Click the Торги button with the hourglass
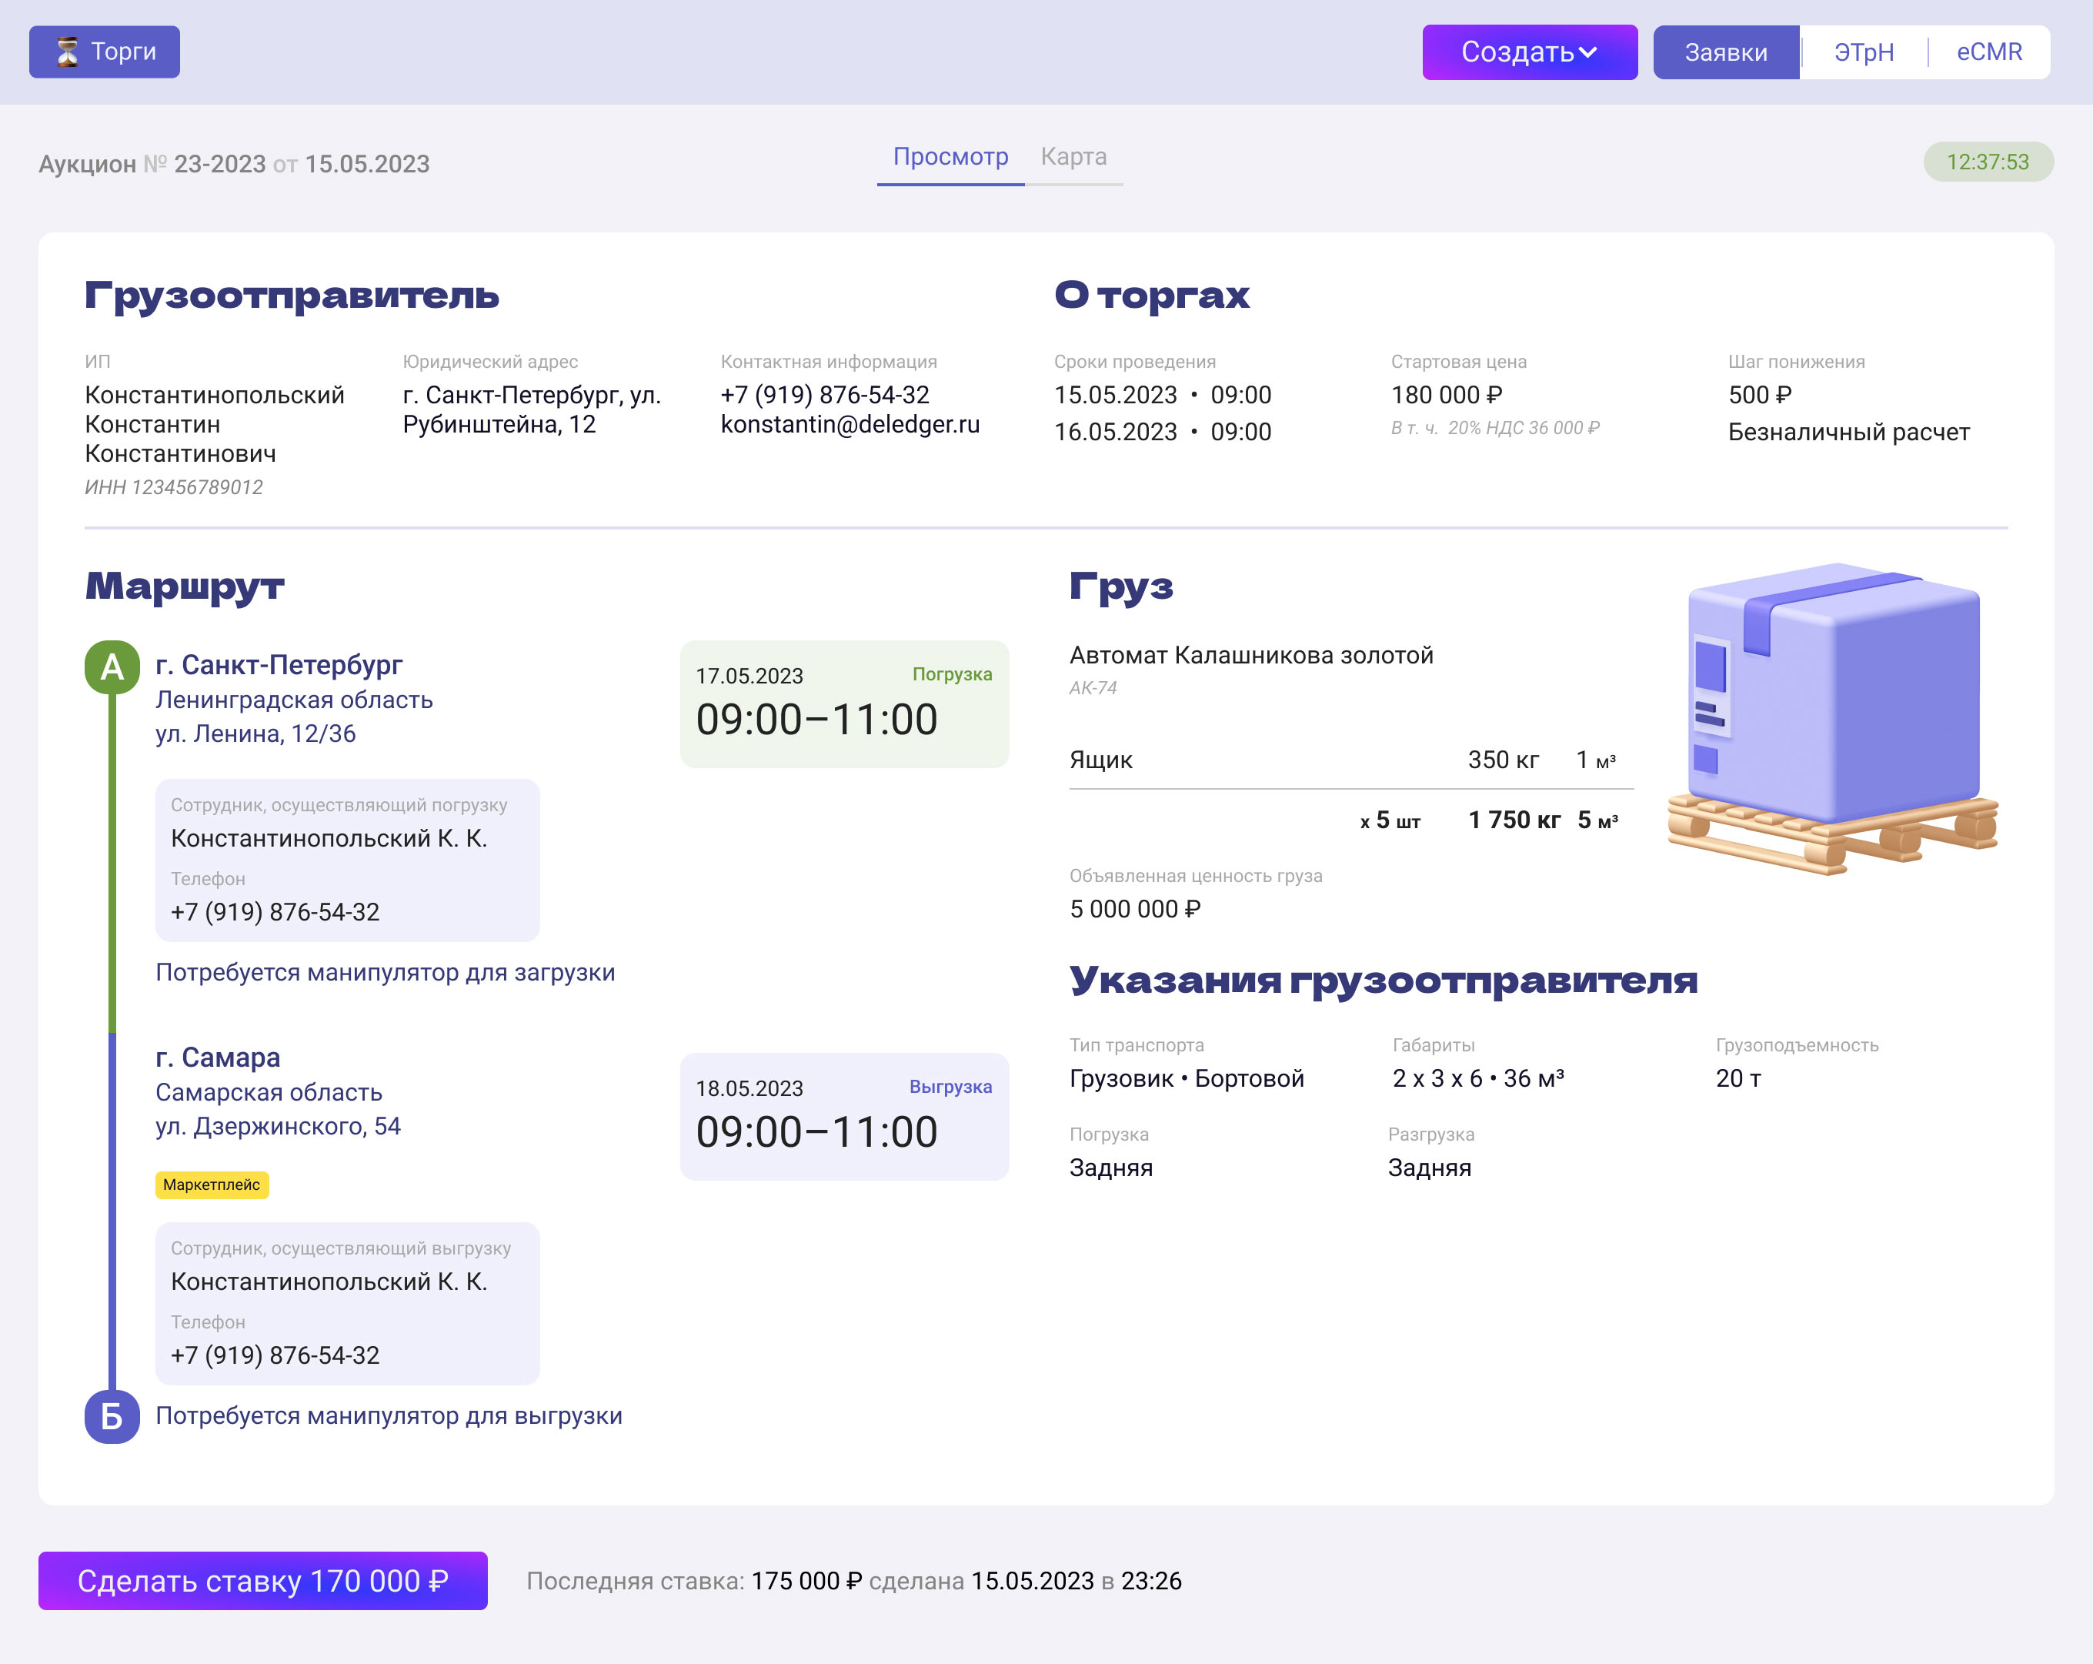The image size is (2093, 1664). (104, 52)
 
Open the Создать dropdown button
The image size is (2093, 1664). (1529, 52)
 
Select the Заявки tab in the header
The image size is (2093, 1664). (1725, 52)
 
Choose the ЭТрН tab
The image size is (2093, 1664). (1863, 52)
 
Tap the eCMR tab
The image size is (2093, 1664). (1989, 52)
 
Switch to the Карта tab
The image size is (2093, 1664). (1073, 157)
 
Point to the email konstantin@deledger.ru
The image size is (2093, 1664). (850, 424)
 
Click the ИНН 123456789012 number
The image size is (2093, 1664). (174, 486)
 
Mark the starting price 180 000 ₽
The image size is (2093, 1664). (1447, 395)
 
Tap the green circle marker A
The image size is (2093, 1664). (112, 667)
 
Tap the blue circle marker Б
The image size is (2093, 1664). (112, 1416)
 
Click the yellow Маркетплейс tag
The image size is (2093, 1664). (212, 1185)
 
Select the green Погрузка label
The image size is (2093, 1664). (951, 673)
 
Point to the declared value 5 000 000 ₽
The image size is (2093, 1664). (1135, 909)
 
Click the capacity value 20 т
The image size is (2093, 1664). (1737, 1078)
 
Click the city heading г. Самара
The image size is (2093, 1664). (218, 1058)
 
